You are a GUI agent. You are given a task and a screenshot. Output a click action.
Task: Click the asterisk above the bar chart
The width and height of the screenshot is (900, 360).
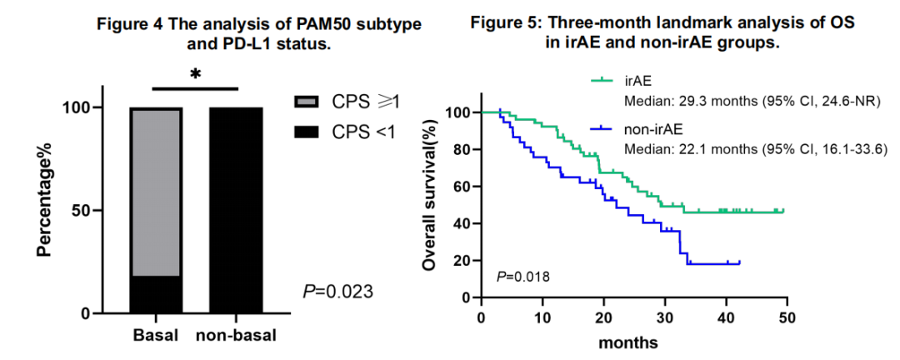196,74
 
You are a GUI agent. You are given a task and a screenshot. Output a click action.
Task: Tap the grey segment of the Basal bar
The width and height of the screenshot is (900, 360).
156,192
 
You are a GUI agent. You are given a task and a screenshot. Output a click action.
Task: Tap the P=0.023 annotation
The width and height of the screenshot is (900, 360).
337,292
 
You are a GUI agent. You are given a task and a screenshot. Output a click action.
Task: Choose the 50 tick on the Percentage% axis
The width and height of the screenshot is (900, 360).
86,211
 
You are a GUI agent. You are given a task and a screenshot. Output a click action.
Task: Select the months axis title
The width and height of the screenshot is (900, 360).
632,342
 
